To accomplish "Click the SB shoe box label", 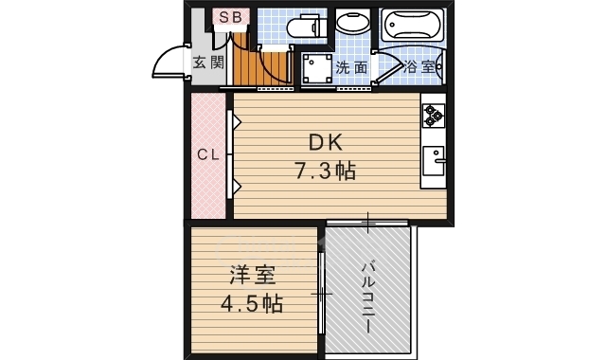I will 230,17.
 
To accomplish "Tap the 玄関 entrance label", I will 209,63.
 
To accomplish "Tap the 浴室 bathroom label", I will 419,67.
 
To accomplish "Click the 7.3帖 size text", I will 324,171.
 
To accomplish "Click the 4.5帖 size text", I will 251,304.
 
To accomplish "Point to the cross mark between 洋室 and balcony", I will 323,294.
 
